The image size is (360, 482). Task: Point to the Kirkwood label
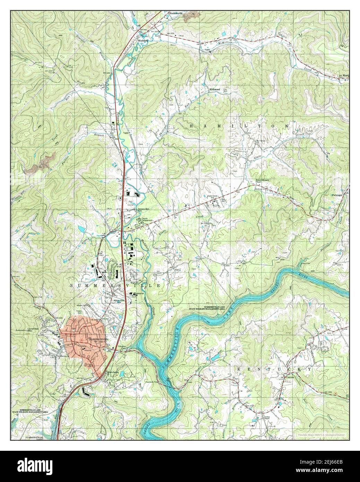[215, 89]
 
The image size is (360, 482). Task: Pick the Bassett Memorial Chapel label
[263, 181]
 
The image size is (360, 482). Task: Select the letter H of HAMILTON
[192, 126]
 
